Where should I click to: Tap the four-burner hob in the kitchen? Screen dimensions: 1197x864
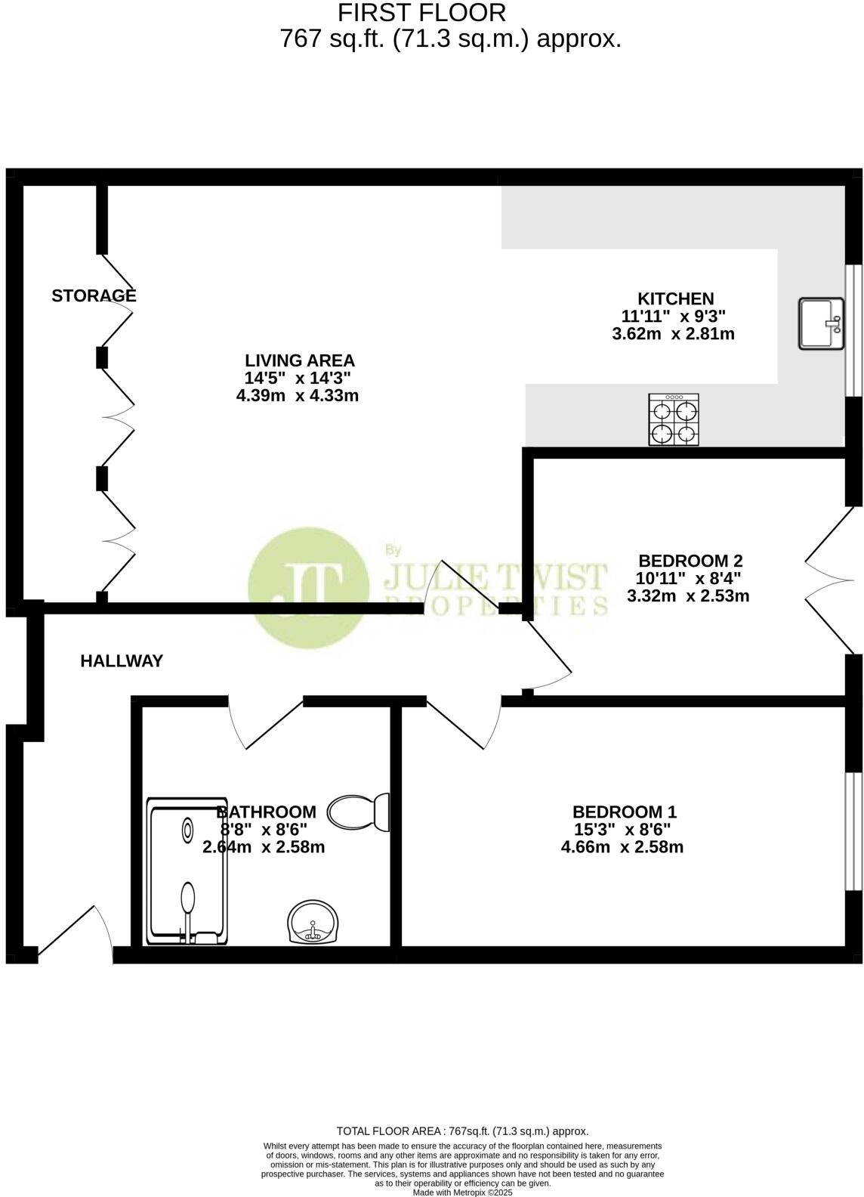(674, 419)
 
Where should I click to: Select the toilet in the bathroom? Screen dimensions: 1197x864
(361, 812)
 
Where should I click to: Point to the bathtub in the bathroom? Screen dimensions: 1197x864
(187, 871)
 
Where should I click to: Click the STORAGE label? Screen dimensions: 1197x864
(94, 295)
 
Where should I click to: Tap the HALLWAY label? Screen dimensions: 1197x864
(122, 661)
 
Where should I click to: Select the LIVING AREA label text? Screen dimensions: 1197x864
(299, 360)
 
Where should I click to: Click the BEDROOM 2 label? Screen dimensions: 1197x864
(690, 561)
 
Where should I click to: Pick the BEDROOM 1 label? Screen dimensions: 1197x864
(624, 812)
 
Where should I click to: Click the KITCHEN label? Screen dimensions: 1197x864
(675, 298)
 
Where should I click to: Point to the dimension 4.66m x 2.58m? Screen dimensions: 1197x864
(622, 847)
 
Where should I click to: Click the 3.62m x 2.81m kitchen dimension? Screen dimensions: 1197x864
(673, 333)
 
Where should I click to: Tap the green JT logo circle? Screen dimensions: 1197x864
(307, 583)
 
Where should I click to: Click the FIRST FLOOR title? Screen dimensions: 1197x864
(421, 13)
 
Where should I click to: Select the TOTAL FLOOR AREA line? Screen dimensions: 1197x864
(462, 1131)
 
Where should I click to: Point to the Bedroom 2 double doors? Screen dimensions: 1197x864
(831, 580)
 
